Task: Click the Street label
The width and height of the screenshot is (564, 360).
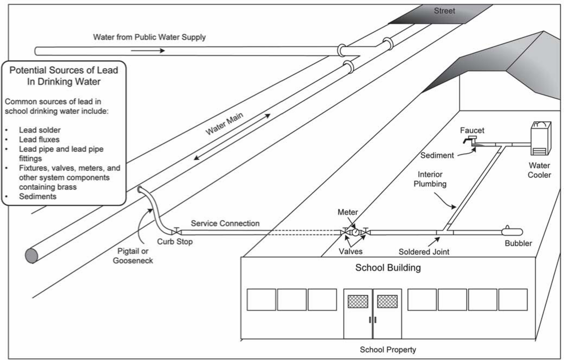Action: [x=444, y=11]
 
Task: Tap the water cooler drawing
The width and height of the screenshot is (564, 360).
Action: [x=541, y=138]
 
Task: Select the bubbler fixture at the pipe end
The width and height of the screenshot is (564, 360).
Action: [x=512, y=231]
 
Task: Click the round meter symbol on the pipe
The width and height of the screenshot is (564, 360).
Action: [x=355, y=232]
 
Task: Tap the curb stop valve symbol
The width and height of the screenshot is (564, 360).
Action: [x=176, y=231]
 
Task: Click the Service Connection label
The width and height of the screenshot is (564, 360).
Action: [x=225, y=223]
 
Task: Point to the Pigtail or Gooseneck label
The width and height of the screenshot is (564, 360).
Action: [x=133, y=256]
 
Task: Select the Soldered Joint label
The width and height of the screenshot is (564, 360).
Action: [x=424, y=252]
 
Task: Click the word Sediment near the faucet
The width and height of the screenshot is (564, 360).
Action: [x=437, y=155]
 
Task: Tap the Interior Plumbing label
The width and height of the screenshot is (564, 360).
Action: [x=430, y=179]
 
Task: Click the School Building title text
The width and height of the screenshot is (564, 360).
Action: [x=388, y=268]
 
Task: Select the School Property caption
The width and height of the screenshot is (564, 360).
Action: [x=388, y=350]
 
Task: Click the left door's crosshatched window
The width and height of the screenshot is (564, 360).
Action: [x=358, y=301]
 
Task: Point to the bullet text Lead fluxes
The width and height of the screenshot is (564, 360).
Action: [x=39, y=139]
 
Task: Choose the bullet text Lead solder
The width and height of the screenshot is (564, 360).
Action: [x=40, y=130]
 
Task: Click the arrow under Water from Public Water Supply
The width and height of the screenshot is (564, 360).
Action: [x=148, y=51]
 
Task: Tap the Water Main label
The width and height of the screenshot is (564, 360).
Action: [x=224, y=123]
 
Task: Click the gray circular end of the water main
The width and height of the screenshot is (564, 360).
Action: [x=31, y=256]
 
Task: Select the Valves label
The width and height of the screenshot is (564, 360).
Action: [x=351, y=251]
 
